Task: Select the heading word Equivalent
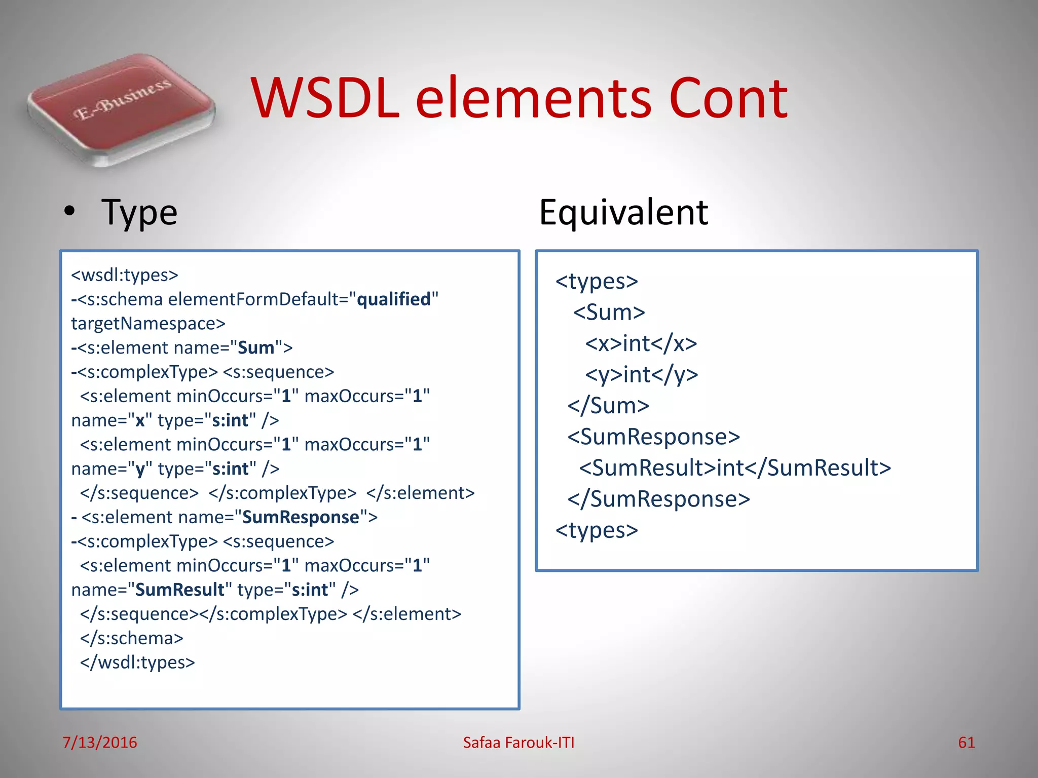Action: pos(623,212)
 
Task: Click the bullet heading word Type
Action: pos(139,213)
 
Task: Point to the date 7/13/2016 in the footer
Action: pos(99,743)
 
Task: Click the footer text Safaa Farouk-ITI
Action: pos(518,743)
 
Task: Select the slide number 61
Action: pos(966,743)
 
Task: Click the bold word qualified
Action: pos(394,299)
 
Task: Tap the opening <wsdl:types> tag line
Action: pos(125,275)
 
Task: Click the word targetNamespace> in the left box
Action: pos(148,324)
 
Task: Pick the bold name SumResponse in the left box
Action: pos(301,517)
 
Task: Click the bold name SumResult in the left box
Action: pos(179,590)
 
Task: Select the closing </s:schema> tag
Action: pos(132,638)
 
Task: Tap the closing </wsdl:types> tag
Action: pos(137,663)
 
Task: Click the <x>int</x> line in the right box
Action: pos(641,343)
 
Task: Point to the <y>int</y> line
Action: pos(642,375)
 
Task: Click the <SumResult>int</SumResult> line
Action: pos(735,468)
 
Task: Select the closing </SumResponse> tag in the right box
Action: pos(658,499)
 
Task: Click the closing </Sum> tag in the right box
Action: pos(608,406)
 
